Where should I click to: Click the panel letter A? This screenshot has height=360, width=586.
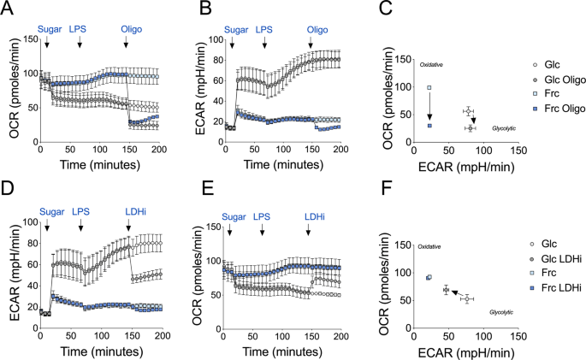tap(7, 9)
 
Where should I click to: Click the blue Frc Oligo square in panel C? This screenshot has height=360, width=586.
tap(429, 126)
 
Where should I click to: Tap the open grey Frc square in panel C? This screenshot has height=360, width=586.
tap(429, 87)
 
